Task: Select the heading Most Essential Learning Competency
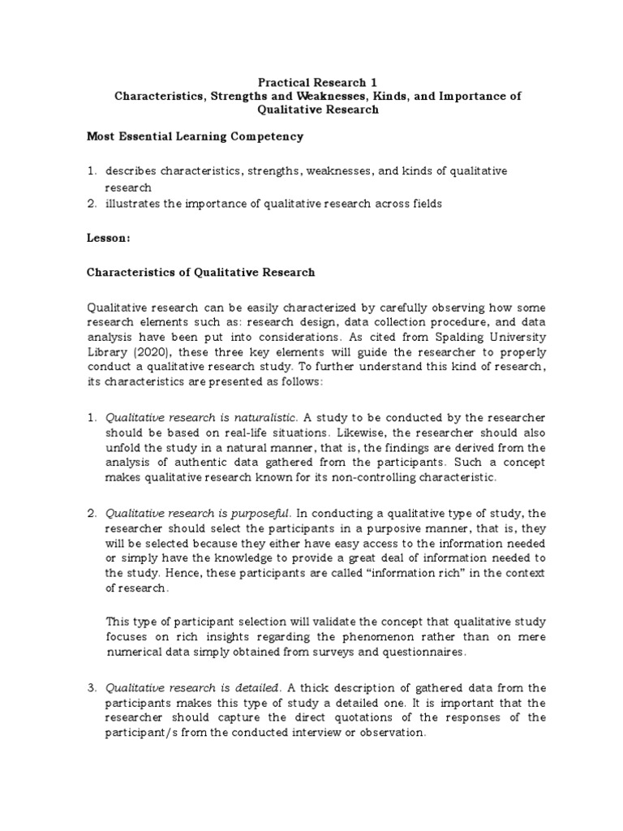195,136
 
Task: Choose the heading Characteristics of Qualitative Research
200,273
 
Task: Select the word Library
107,351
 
